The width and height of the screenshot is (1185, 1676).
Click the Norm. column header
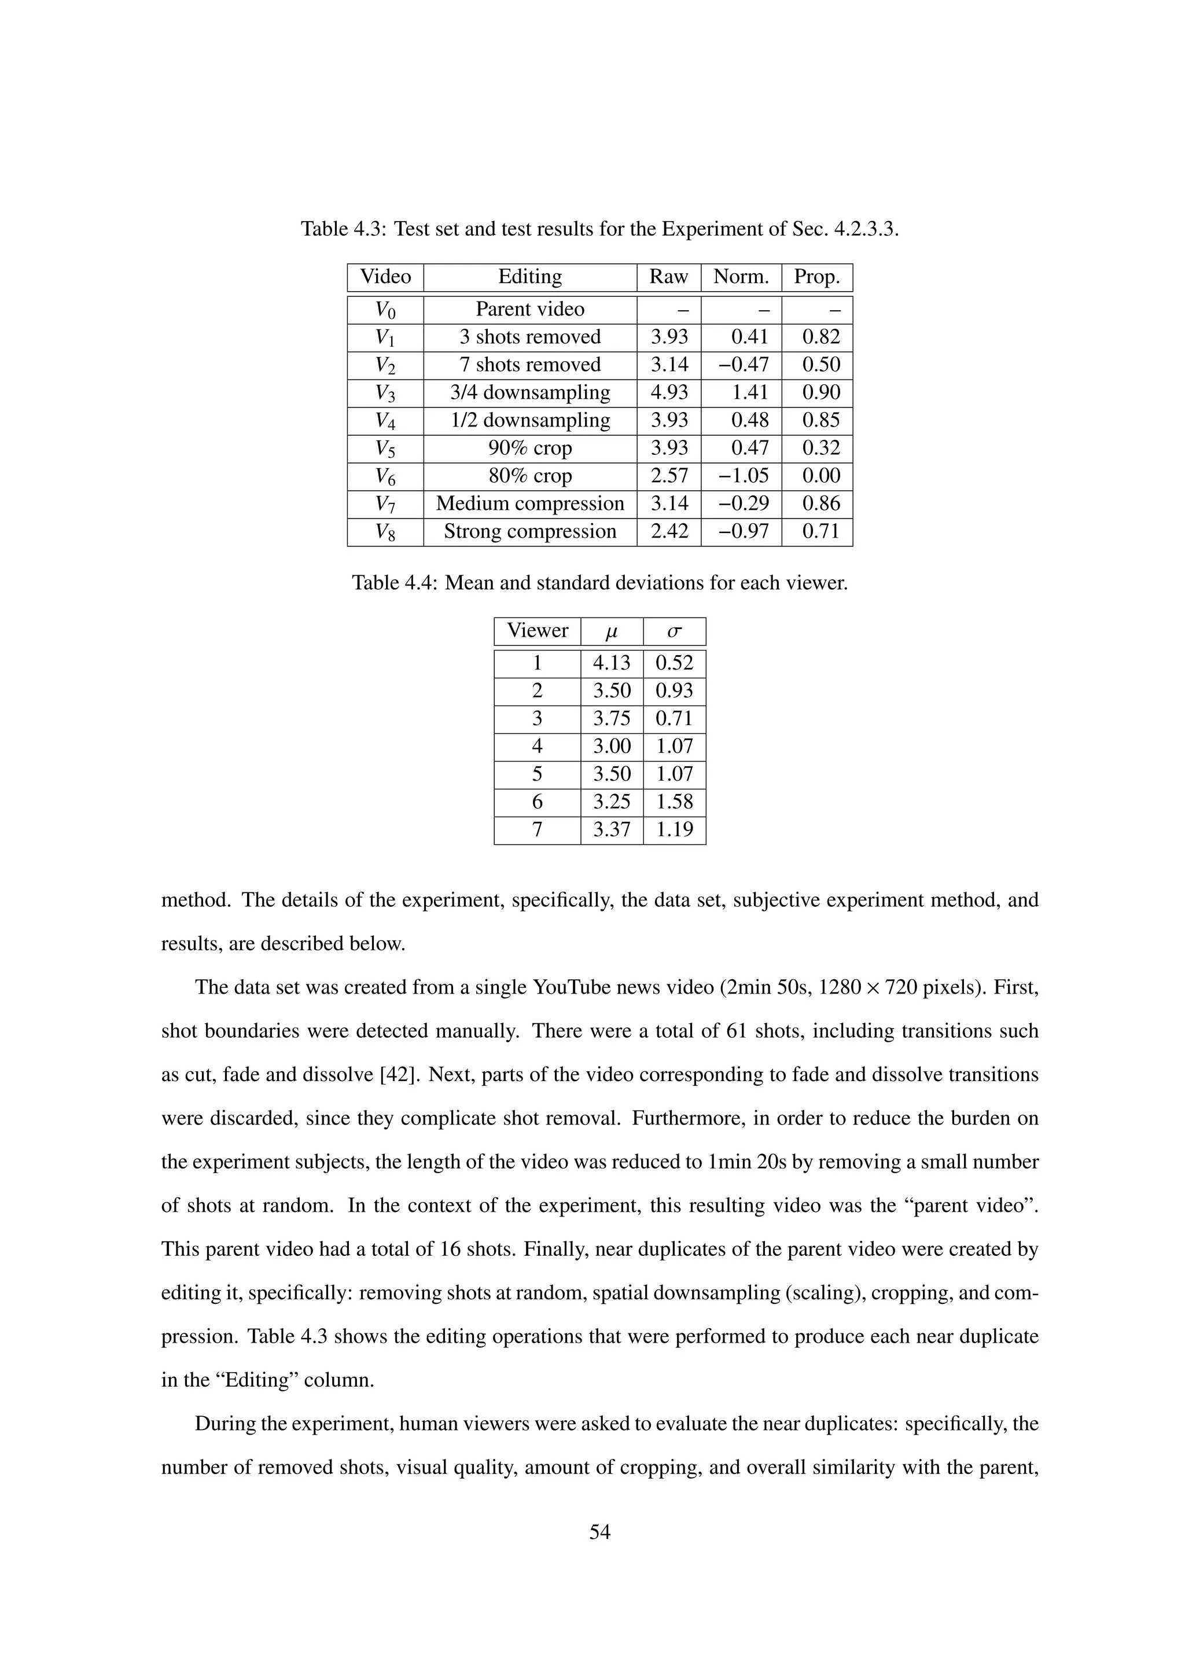coord(741,277)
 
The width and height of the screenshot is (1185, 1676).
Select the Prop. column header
coord(816,277)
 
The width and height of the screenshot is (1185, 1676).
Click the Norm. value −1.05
coord(743,475)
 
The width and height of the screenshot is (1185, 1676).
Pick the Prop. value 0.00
coord(821,475)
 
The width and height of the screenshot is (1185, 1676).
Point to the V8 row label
coord(385,531)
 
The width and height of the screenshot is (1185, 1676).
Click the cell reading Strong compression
coord(530,531)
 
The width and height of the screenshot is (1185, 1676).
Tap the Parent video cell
coord(530,309)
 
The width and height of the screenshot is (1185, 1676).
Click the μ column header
coord(612,631)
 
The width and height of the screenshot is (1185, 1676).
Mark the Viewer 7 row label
coord(537,829)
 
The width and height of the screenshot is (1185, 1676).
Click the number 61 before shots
coord(738,1031)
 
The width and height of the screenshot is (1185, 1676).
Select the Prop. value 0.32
coord(821,447)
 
